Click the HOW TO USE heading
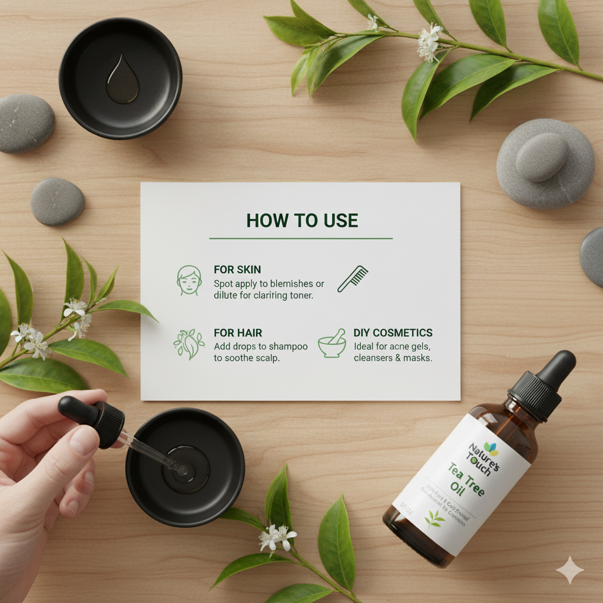(x=301, y=220)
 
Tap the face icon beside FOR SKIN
(x=188, y=280)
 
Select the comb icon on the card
(x=353, y=279)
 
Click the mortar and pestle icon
(x=332, y=344)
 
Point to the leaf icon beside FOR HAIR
(x=188, y=344)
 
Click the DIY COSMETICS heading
(x=393, y=333)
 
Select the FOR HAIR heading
(x=238, y=333)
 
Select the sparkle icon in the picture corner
(x=569, y=569)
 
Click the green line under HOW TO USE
(x=301, y=238)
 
